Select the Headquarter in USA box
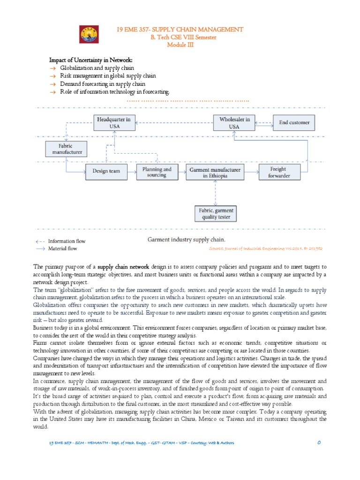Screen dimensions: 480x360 coord(114,123)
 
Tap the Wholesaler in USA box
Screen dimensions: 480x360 coord(234,123)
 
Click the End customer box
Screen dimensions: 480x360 coord(294,123)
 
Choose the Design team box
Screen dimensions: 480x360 coord(106,172)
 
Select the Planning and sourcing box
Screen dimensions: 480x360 coord(157,172)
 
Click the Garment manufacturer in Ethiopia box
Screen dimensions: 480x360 coord(215,172)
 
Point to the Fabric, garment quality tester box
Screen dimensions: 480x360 coord(216,214)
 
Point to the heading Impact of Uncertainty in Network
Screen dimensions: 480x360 coord(91,60)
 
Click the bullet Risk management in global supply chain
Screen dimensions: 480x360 coord(108,76)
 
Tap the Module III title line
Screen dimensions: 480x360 coord(180,45)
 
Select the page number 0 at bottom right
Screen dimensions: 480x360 coord(318,443)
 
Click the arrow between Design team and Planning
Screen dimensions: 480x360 coord(132,172)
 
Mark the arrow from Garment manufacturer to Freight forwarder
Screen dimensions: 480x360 coord(252,172)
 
